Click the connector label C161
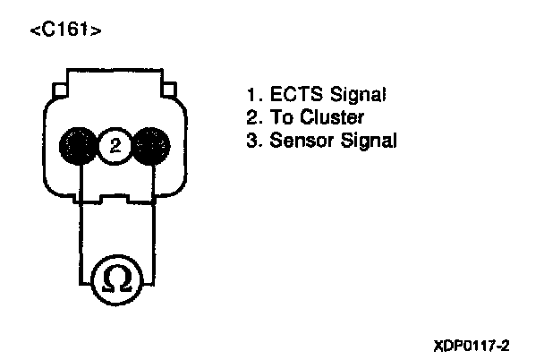coord(64,30)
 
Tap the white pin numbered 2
coord(113,144)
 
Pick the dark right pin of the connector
coord(149,144)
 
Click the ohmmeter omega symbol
coord(116,279)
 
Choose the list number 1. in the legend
coord(253,93)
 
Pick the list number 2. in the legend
coord(253,116)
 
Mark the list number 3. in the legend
coord(253,141)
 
